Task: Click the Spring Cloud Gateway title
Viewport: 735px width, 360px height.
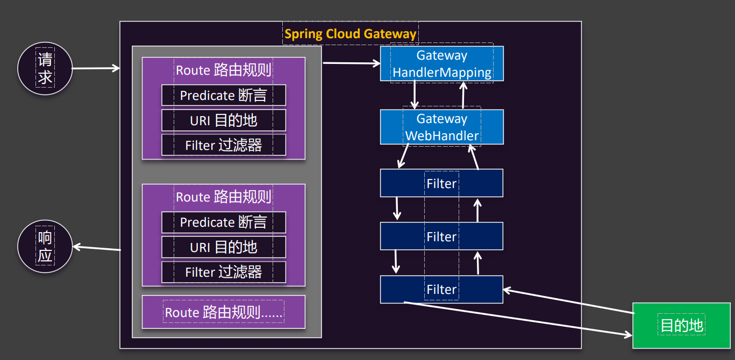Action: pos(350,34)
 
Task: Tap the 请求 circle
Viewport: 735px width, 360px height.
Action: pos(45,69)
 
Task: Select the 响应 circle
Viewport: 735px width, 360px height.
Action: pos(45,247)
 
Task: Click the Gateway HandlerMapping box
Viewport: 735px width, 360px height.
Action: pos(441,64)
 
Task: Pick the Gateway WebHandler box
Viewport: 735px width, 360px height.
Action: pos(441,127)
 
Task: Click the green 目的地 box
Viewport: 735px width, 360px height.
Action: pos(681,325)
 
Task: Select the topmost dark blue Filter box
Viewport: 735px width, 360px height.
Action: pos(441,183)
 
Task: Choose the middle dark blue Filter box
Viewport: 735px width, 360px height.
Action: pos(441,236)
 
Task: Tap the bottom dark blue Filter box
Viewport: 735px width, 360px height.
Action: pos(441,290)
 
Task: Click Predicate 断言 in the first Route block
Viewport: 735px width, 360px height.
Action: pos(224,95)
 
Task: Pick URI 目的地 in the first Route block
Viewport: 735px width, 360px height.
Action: pos(224,120)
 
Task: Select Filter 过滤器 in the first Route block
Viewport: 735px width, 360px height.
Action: pos(224,145)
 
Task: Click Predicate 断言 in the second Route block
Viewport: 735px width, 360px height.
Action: pos(224,222)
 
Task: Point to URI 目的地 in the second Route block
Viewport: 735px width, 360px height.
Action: pos(224,247)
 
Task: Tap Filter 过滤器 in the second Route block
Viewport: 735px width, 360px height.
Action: pos(224,272)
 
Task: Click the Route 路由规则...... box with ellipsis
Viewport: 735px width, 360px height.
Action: pos(224,312)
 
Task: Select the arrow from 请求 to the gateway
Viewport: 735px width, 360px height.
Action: pos(96,68)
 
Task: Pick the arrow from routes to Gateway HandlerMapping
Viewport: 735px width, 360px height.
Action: pos(351,63)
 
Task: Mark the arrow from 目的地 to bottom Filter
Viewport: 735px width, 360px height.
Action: pos(568,301)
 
